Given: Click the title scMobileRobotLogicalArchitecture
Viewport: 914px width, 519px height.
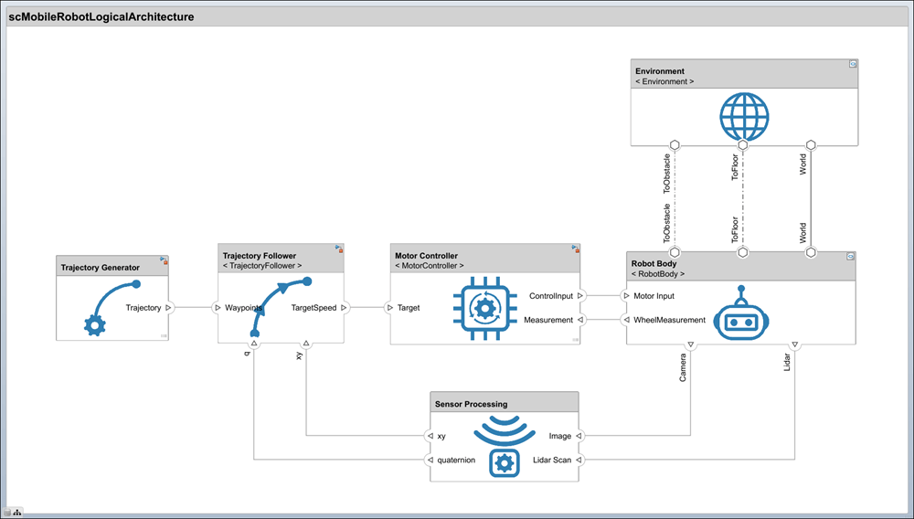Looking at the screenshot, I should [101, 16].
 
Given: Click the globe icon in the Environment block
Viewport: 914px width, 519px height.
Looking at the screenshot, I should [744, 117].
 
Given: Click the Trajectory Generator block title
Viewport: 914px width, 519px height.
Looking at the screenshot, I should [101, 268].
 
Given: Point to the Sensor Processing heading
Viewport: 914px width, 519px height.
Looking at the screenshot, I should [471, 404].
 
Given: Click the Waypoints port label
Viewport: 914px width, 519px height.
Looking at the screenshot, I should [244, 308].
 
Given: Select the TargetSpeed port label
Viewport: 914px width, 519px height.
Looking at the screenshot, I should [314, 308].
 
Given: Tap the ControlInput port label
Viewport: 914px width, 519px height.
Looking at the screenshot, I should [550, 296].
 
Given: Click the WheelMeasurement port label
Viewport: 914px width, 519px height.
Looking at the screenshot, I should [669, 320].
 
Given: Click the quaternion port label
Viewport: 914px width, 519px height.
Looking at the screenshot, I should [456, 460].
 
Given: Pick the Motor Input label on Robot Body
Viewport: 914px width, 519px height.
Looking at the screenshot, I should [654, 296].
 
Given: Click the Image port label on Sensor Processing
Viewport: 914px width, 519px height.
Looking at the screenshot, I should [560, 436].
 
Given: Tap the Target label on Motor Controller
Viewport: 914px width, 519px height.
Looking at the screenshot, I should [409, 308].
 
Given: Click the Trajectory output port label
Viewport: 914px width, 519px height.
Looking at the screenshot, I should [143, 308].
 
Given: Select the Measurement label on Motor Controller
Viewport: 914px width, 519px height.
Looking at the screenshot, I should [547, 320].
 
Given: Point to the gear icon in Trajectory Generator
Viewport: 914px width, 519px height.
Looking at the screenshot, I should [94, 324].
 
